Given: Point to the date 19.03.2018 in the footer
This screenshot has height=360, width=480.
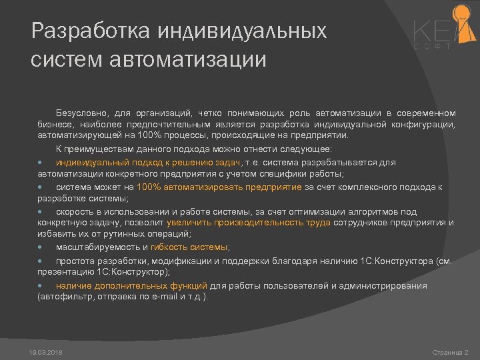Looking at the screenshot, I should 46,351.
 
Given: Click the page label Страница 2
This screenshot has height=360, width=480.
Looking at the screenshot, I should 450,351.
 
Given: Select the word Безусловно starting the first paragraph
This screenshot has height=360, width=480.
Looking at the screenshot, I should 84,113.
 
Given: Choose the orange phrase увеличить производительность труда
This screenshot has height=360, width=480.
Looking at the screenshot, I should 249,223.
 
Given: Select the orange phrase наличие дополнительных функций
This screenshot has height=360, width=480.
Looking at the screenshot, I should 132,285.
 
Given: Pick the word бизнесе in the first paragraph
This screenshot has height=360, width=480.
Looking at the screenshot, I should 54,124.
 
